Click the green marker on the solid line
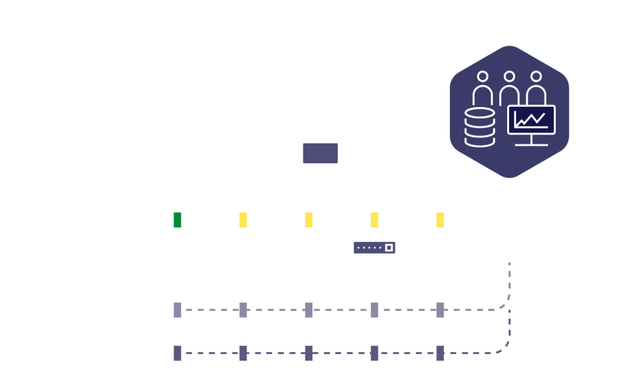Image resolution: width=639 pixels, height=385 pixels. tap(177, 220)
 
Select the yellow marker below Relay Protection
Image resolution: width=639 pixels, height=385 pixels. tap(243, 220)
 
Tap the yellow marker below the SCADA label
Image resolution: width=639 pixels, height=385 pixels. tap(309, 220)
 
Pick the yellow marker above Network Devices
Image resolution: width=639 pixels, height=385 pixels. tap(375, 220)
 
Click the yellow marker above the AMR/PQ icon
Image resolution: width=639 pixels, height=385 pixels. tap(440, 220)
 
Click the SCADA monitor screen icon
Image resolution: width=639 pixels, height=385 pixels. tap(320, 155)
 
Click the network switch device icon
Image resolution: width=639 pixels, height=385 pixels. tap(374, 248)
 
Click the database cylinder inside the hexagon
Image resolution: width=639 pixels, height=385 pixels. tap(479, 127)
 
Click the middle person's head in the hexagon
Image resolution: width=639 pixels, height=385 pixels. tap(509, 77)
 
